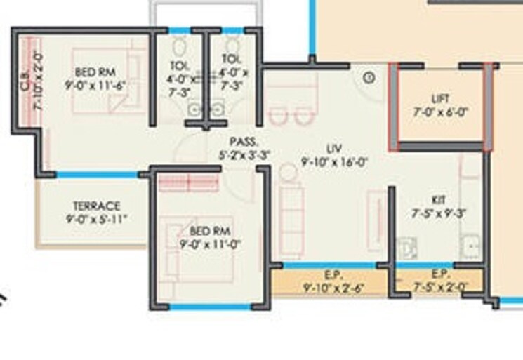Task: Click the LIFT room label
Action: point(441,99)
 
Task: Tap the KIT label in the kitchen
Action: point(439,200)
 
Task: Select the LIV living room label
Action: point(334,148)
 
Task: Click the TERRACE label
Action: point(97,206)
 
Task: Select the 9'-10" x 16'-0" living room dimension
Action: point(335,161)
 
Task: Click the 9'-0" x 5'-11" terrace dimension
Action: point(97,219)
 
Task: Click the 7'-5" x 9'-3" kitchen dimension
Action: point(440,213)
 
